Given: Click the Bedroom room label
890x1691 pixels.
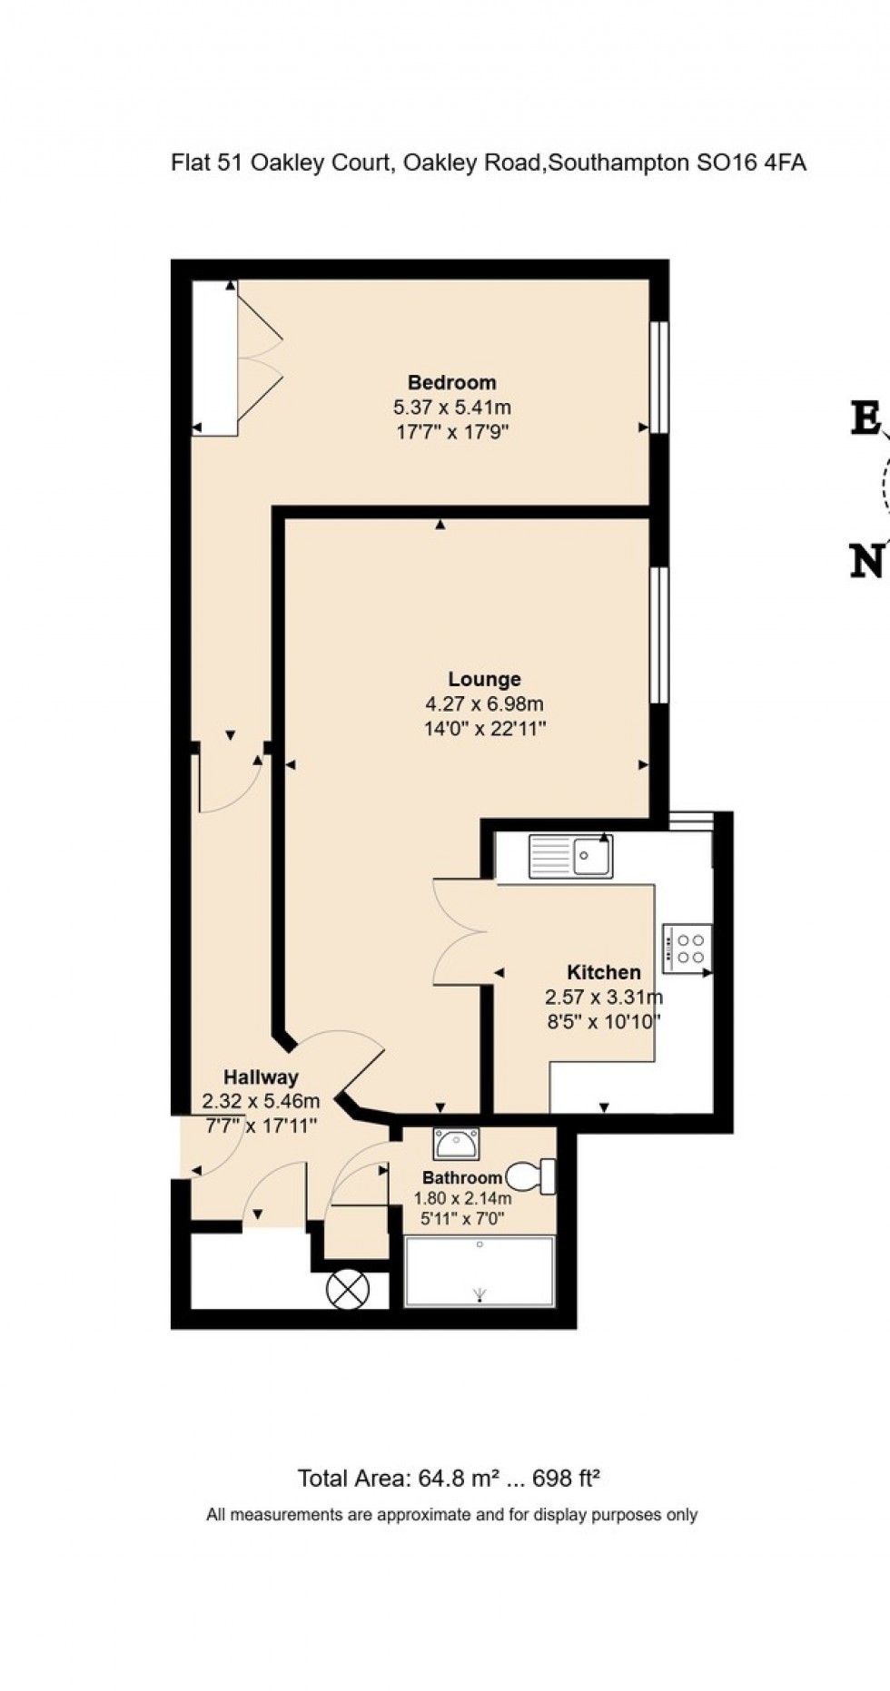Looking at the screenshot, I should pos(451,382).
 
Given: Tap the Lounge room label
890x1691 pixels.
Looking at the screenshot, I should pos(484,679).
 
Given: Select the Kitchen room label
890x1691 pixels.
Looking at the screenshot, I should pos(603,972).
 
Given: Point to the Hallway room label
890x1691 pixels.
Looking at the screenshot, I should pos(261,1077).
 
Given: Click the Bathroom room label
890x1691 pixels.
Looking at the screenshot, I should pos(462,1178).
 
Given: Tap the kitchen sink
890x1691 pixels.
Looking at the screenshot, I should pos(571,856).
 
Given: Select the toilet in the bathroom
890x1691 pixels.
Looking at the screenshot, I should pos(532,1176).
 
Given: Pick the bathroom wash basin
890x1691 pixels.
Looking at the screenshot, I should pos(456,1144).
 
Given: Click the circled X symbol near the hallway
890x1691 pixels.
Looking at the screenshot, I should pos(348,1289).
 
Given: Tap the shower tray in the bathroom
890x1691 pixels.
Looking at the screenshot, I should pos(479,1272).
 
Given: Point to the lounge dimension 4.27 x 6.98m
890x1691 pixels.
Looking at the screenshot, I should pos(484,703).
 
